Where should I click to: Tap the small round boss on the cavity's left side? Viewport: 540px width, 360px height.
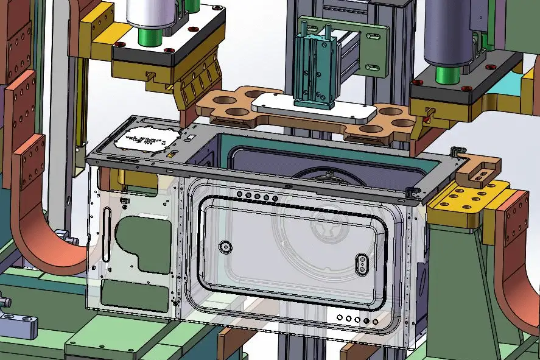(x=226, y=247)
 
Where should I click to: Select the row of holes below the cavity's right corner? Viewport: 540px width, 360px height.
(x=352, y=319)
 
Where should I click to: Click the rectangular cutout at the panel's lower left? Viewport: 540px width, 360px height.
(x=131, y=292)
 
